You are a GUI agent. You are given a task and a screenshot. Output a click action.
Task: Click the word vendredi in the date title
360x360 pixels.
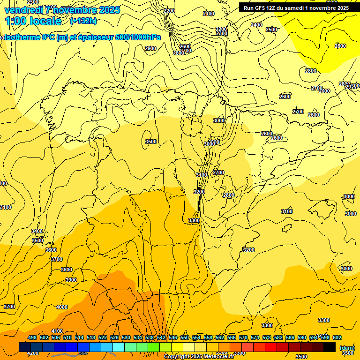pyautogui.click(x=23, y=9)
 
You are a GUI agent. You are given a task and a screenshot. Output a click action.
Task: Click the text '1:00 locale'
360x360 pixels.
pyautogui.click(x=33, y=21)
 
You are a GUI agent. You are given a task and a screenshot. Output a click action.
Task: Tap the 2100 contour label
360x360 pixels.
pyautogui.click(x=209, y=14)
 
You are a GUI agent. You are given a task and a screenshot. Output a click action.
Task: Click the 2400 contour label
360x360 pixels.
pyautogui.click(x=256, y=25)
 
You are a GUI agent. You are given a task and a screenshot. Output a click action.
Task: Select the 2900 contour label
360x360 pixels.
pyautogui.click(x=150, y=48)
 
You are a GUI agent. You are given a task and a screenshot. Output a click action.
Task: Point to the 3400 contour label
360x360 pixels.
pyautogui.click(x=37, y=231)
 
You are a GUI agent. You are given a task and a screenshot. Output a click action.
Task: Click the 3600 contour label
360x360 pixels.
pyautogui.click(x=51, y=250)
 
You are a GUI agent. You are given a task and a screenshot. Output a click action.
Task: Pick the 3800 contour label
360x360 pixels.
pyautogui.click(x=67, y=270)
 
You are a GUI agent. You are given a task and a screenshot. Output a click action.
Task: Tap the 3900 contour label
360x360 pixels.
pyautogui.click(x=71, y=280)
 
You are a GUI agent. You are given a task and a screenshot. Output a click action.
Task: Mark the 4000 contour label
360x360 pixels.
pyautogui.click(x=62, y=307)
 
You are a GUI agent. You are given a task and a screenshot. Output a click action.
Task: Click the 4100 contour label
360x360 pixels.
pyautogui.click(x=57, y=331)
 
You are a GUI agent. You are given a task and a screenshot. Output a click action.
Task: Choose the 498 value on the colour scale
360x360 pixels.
pyautogui.click(x=32, y=337)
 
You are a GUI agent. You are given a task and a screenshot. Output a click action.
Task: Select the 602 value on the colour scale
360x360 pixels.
pyautogui.click(x=337, y=337)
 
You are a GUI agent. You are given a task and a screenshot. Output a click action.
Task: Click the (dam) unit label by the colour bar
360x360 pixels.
pyautogui.click(x=347, y=348)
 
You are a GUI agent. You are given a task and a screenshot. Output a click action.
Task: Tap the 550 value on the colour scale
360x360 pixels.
pyautogui.click(x=185, y=337)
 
